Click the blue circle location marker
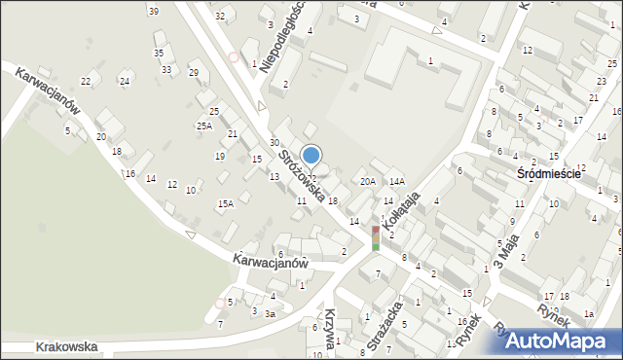[x=311, y=155]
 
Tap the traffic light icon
[x=376, y=238]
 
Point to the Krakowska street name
[x=67, y=346]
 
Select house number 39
[x=154, y=11]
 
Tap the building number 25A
[x=203, y=126]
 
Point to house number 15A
[x=225, y=203]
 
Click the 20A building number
[x=367, y=181]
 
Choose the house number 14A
[x=396, y=181]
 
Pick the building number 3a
[x=273, y=314]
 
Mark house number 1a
[x=588, y=314]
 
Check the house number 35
[x=159, y=53]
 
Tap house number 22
[x=86, y=81]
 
